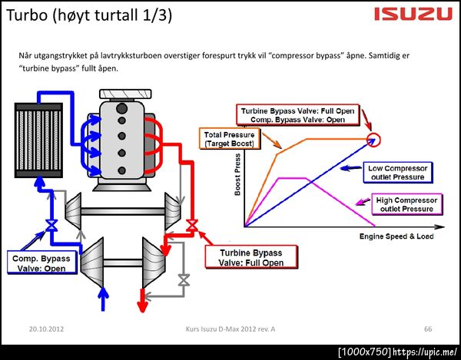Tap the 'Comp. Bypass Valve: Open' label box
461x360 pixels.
click(x=41, y=263)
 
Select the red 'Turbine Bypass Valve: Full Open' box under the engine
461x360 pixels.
click(x=250, y=257)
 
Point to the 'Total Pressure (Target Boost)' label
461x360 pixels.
click(x=229, y=139)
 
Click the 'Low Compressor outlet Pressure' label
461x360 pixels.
click(x=396, y=172)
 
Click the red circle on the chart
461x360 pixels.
click(x=374, y=139)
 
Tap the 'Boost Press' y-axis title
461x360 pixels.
click(x=237, y=175)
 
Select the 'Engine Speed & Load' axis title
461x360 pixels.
click(x=396, y=236)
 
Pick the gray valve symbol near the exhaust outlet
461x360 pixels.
click(x=183, y=282)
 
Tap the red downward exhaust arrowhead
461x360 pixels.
click(x=141, y=306)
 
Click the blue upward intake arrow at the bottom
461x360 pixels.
click(x=104, y=299)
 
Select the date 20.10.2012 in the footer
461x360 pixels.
click(x=47, y=329)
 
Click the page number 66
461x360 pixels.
click(x=428, y=329)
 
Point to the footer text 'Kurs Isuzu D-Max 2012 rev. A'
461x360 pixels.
click(x=230, y=329)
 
